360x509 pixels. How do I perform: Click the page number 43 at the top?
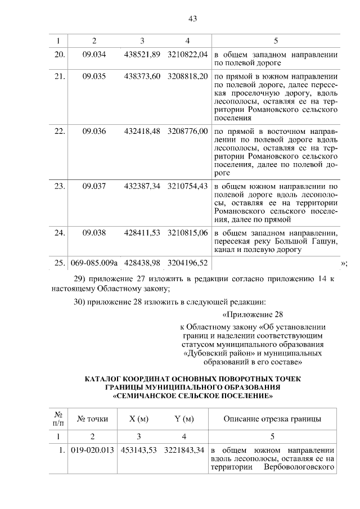pyautogui.click(x=192, y=19)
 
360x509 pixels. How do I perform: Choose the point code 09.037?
pyautogui.click(x=94, y=186)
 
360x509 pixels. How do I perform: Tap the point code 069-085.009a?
pyautogui.click(x=94, y=263)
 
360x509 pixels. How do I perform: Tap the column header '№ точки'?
pyautogui.click(x=92, y=419)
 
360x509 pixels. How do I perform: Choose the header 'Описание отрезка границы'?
pyautogui.click(x=273, y=419)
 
